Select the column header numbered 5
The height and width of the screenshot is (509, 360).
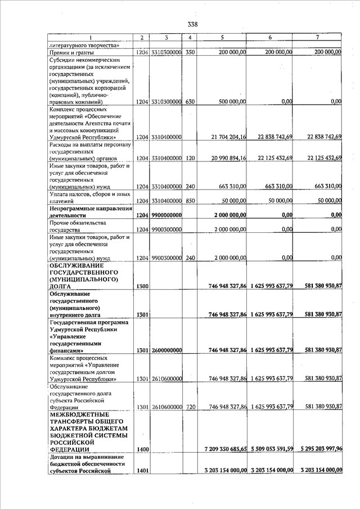(x=223, y=37)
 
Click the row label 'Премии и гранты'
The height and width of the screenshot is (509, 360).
(x=70, y=52)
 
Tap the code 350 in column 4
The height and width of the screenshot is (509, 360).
(x=190, y=52)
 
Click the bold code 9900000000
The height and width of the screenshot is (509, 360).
(x=166, y=215)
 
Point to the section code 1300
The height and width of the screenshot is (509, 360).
(x=142, y=286)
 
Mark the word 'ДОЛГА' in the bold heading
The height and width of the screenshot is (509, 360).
(x=60, y=286)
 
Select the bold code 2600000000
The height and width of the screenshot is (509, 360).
(x=166, y=350)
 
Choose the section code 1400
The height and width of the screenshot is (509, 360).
(x=142, y=449)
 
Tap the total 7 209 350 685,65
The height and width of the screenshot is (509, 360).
(x=224, y=449)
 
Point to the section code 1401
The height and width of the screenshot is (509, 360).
(x=142, y=470)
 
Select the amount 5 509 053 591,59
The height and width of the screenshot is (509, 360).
(x=272, y=449)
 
